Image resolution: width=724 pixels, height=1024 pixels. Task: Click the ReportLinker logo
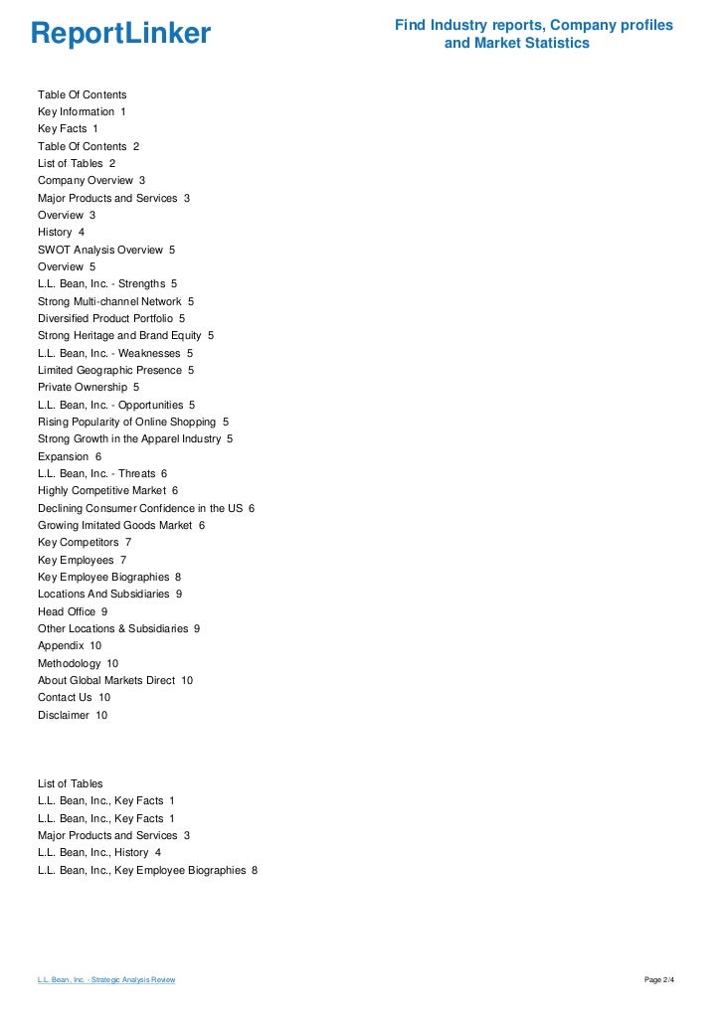point(120,35)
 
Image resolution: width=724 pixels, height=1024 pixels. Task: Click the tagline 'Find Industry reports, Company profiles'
point(534,25)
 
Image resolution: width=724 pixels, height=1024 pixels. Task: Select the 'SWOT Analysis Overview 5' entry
point(106,250)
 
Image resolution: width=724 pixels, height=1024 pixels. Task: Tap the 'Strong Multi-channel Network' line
point(115,301)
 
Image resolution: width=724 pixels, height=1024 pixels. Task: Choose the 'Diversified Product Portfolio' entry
point(111,318)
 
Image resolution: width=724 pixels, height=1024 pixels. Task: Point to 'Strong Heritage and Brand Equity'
point(125,336)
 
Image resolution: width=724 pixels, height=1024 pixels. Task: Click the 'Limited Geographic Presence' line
point(115,370)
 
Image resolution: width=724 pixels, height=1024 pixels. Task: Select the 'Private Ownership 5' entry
point(89,387)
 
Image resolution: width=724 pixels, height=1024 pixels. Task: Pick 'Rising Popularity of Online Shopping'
point(133,422)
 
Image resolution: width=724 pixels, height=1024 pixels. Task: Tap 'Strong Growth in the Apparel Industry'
point(135,438)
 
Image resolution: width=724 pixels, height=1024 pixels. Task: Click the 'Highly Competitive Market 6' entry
point(107,490)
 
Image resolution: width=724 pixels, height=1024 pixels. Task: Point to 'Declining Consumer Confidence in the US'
point(146,508)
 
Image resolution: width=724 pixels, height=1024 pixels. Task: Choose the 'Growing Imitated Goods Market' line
point(121,525)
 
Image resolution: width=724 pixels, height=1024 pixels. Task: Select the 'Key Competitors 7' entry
point(85,542)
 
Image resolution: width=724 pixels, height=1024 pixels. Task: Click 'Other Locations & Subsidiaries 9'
point(119,628)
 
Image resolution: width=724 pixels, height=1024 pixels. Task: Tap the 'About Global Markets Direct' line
point(115,680)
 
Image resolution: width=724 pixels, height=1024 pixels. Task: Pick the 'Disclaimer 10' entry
point(73,715)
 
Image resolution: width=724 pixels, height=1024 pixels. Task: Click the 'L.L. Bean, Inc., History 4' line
point(99,852)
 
